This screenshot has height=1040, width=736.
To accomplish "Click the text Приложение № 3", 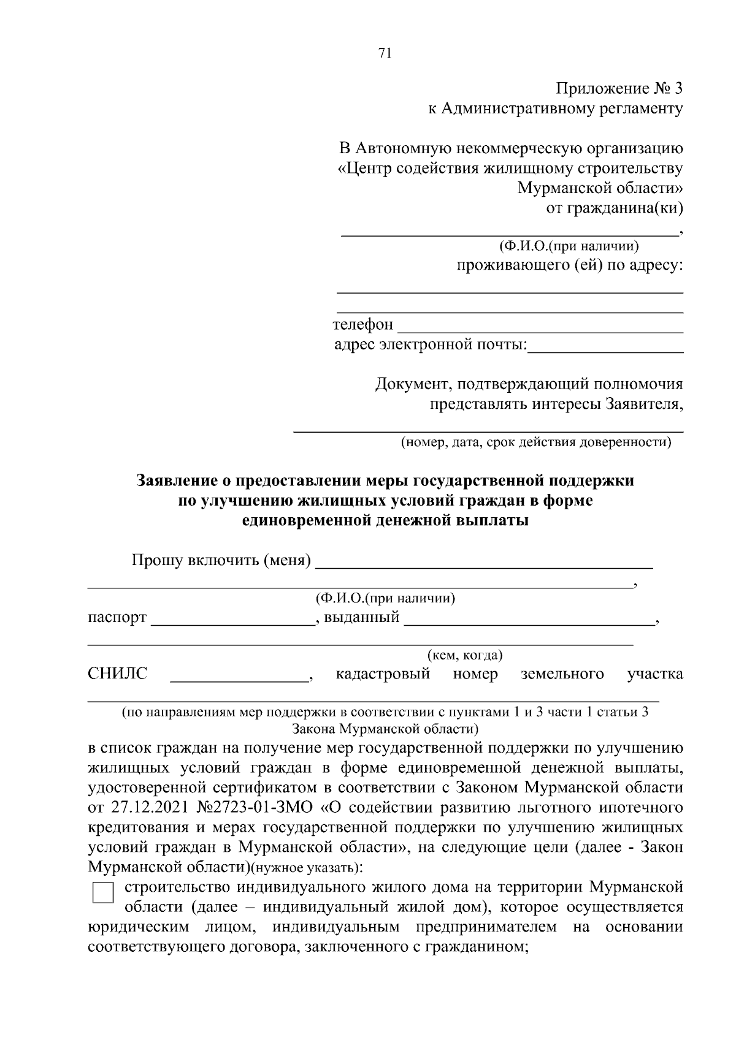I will pyautogui.click(x=619, y=89).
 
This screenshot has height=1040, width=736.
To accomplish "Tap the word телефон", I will pyautogui.click(x=363, y=324).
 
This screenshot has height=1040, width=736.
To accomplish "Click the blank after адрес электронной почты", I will pyautogui.click(x=605, y=348).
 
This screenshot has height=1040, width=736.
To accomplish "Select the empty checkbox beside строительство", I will pyautogui.click(x=103, y=893).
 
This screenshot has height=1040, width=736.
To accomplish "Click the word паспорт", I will pyautogui.click(x=117, y=617).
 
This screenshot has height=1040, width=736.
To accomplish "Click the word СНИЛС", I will pyautogui.click(x=118, y=674).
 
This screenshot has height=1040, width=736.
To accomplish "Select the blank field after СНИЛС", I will pyautogui.click(x=239, y=677).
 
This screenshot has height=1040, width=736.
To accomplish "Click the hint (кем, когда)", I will pyautogui.click(x=465, y=655).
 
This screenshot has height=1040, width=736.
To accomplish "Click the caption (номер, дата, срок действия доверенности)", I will pyautogui.click(x=536, y=442).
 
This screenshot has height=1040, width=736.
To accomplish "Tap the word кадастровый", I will pyautogui.click(x=383, y=674).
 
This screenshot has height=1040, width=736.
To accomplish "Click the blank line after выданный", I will pyautogui.click(x=529, y=620).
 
